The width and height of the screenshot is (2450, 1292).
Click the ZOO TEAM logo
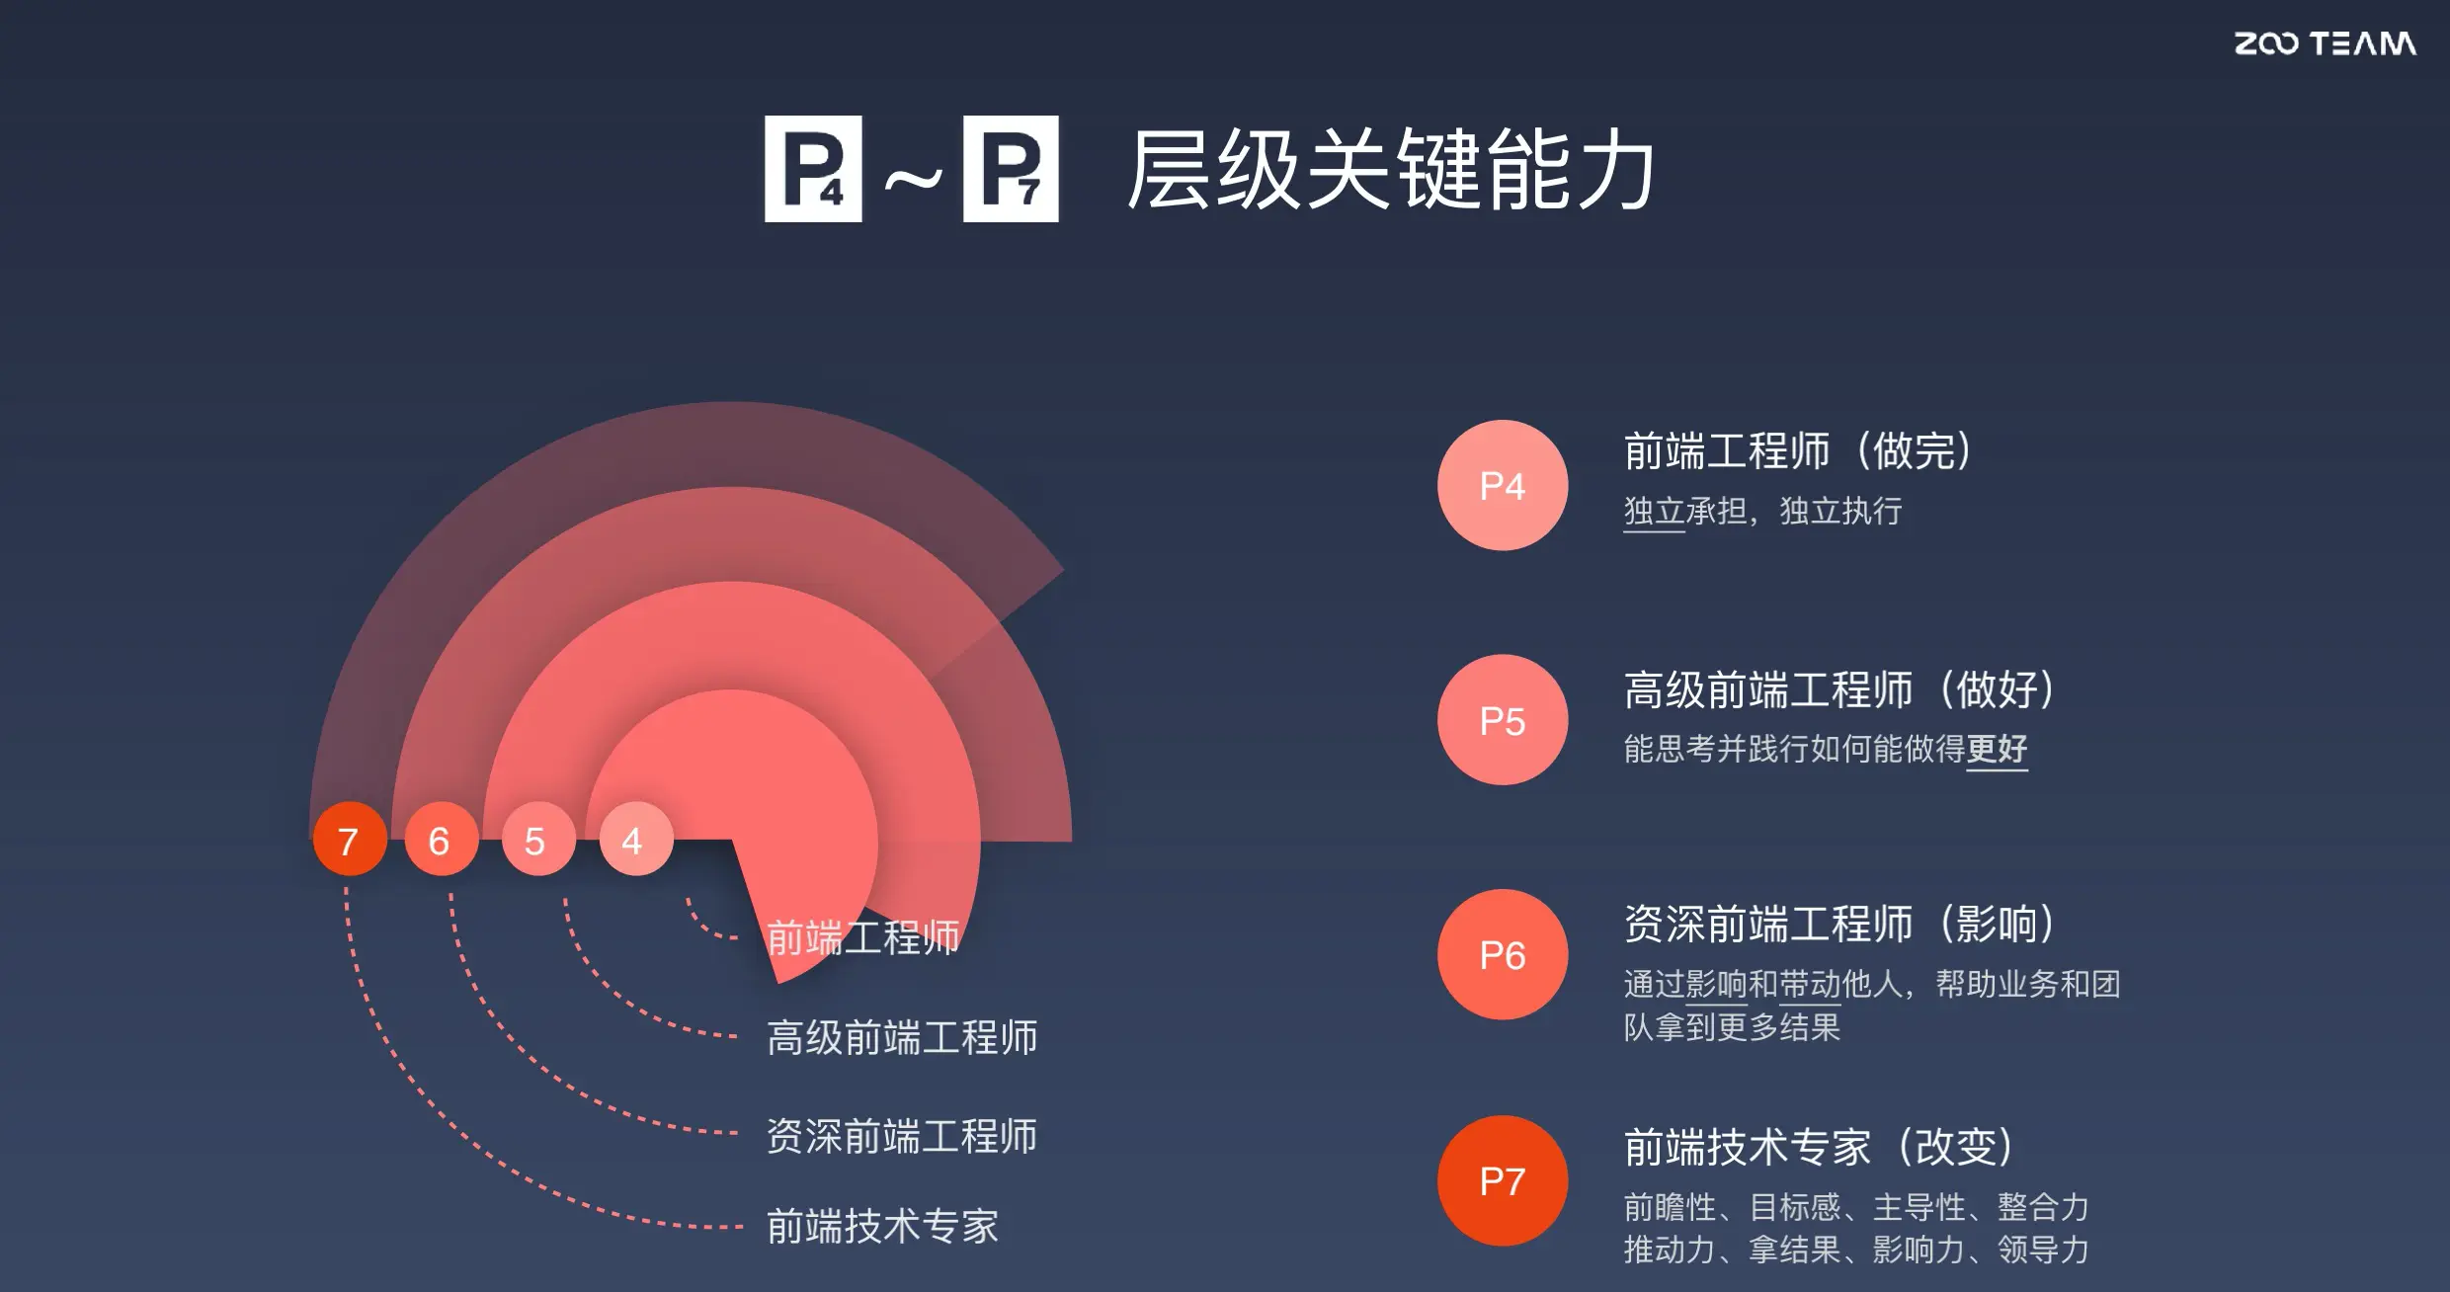[2325, 43]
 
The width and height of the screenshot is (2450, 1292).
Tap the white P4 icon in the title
[813, 169]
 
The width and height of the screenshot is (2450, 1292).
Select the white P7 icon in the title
[1011, 169]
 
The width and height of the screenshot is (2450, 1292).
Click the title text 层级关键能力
[1391, 170]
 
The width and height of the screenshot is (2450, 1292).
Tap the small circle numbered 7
[349, 840]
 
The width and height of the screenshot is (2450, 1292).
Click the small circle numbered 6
[441, 840]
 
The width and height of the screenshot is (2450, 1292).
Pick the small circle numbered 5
[537, 840]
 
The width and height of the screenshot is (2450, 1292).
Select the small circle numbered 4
[635, 840]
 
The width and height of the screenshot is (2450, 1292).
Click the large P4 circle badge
[1502, 485]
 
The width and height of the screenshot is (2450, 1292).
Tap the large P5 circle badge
[1502, 720]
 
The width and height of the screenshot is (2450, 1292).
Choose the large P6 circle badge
[1502, 954]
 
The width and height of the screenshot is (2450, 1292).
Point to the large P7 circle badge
[1502, 1180]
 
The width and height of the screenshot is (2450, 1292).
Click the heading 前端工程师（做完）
[1798, 451]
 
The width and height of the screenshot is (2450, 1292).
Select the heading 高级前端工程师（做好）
[1839, 689]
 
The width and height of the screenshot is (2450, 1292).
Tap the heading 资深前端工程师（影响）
[1839, 925]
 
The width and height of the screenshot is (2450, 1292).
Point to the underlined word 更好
[1997, 749]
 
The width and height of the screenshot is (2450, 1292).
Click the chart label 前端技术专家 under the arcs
[882, 1227]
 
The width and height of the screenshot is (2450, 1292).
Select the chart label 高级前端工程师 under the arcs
[902, 1038]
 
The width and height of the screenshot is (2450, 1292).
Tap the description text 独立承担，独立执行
[1762, 512]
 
